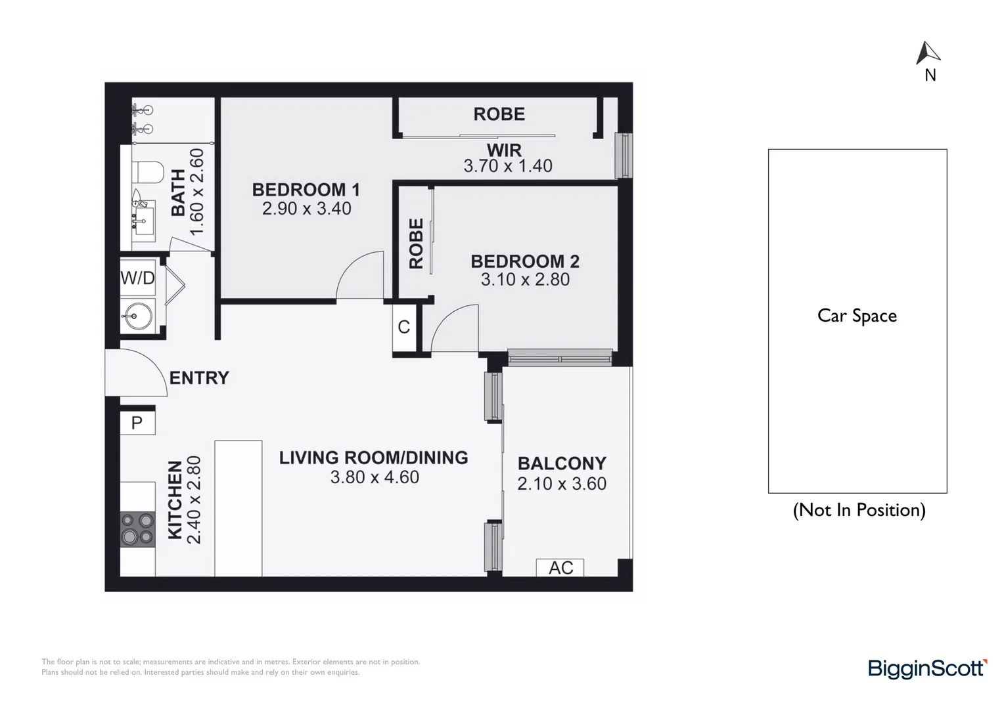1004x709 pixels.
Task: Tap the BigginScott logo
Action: [927, 668]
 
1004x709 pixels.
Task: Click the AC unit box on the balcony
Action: [560, 567]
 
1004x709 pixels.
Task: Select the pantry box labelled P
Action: [137, 423]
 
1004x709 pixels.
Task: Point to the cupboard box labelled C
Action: [403, 327]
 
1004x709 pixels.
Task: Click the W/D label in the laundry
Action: [137, 278]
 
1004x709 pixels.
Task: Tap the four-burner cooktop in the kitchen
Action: [137, 529]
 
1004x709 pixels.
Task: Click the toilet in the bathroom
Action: [147, 173]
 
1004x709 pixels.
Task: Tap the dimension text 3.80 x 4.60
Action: [375, 477]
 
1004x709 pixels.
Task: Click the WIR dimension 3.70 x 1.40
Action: [508, 166]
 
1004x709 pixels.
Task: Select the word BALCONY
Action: [562, 463]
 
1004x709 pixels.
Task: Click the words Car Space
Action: [857, 316]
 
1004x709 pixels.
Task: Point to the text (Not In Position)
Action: [859, 510]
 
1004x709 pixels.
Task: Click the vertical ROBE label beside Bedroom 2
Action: [416, 244]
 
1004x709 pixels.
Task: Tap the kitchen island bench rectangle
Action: [239, 509]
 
